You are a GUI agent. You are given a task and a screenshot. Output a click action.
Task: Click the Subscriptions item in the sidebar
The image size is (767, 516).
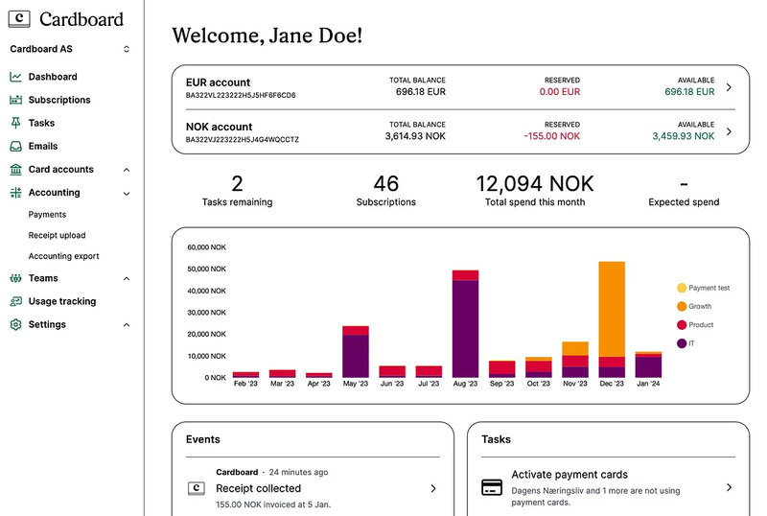click(58, 100)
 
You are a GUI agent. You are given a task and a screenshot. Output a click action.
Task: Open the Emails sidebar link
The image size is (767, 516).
click(42, 146)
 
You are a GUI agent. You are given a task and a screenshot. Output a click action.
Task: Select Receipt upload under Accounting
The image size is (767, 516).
click(57, 235)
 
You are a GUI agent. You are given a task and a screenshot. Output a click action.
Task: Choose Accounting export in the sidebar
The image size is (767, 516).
click(63, 256)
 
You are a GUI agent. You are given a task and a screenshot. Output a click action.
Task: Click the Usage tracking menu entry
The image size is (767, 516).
click(61, 301)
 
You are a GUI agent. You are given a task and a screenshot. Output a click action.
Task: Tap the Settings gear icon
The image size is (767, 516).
click(15, 324)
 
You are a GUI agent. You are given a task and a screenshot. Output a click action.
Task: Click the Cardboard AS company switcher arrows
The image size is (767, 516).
click(127, 49)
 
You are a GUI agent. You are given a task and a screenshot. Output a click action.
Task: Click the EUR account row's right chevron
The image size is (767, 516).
click(729, 87)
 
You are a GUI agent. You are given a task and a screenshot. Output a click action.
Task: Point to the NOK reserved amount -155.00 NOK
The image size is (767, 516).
click(552, 136)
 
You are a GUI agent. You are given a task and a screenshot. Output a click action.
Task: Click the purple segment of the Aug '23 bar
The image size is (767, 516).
click(466, 328)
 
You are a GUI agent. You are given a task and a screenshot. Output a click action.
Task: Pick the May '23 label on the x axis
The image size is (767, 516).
click(355, 384)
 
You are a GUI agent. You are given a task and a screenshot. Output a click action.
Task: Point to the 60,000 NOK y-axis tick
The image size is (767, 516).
click(206, 246)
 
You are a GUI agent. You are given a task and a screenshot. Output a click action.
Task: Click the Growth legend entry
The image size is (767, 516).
click(700, 306)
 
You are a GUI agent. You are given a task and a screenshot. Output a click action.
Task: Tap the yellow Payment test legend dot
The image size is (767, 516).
click(682, 288)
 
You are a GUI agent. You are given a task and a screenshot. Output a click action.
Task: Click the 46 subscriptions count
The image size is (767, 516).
click(385, 183)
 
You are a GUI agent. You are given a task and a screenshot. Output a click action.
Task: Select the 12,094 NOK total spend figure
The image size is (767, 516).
click(535, 183)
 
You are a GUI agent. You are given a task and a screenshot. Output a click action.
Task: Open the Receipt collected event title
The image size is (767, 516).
click(258, 488)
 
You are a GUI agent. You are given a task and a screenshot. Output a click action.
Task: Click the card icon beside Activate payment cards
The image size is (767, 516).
click(492, 487)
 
